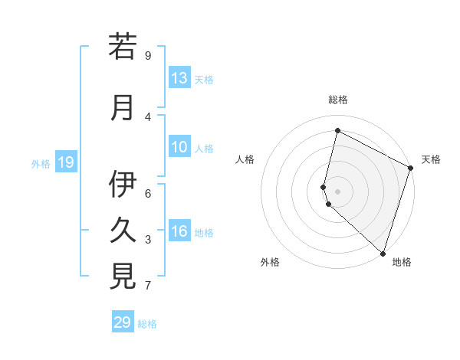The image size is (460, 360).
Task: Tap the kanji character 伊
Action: tap(123, 184)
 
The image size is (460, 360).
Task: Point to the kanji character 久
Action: tap(123, 230)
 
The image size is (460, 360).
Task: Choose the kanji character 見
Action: tap(123, 276)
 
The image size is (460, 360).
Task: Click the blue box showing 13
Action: tap(179, 78)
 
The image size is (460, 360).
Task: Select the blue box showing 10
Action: tap(179, 148)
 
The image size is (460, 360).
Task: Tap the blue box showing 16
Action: tap(179, 232)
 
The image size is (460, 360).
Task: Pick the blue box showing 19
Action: tap(66, 162)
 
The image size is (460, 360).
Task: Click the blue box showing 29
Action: tap(123, 322)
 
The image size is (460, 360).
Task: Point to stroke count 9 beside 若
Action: tap(148, 55)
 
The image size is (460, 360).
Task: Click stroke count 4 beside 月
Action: tap(148, 117)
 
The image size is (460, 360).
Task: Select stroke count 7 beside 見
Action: tap(148, 286)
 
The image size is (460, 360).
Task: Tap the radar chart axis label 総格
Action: tap(338, 100)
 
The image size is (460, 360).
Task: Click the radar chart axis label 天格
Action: tap(432, 159)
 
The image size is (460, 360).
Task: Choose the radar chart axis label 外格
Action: tap(270, 262)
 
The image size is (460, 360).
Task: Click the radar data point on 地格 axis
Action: tap(383, 253)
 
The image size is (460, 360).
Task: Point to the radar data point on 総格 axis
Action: tap(337, 131)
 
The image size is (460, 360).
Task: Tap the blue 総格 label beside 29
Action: tap(148, 324)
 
